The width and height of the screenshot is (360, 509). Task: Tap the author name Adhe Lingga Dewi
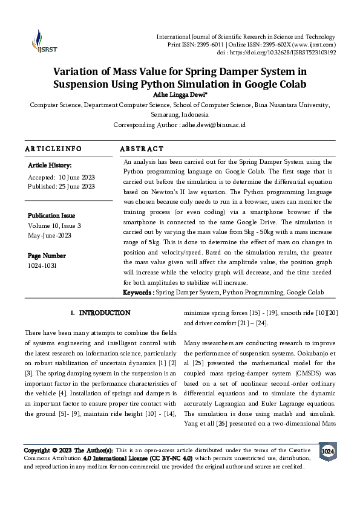tap(179, 95)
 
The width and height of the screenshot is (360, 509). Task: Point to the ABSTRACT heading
tap(142, 149)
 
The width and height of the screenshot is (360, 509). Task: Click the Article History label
tap(50, 165)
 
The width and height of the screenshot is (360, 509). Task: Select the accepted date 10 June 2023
tap(76, 177)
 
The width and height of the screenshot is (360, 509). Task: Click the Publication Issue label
tap(51, 215)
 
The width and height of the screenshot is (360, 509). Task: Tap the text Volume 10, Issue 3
tap(54, 225)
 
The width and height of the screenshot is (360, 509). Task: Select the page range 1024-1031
tap(42, 265)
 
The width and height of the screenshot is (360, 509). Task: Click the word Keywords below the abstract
tap(137, 293)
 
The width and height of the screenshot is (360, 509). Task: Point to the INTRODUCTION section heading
tap(104, 313)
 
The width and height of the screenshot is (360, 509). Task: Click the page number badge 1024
tap(327, 452)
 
